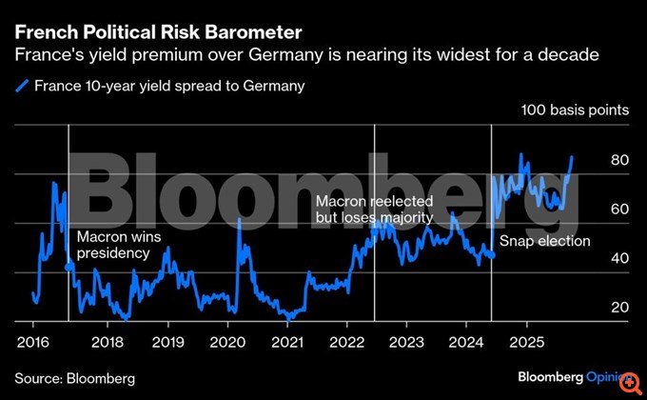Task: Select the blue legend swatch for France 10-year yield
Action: (23, 86)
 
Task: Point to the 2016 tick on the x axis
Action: (34, 341)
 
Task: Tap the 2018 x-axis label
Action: (107, 341)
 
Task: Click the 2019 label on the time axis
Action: (167, 341)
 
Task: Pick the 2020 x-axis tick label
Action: (227, 341)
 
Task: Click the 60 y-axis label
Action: (619, 209)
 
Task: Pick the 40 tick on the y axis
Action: (619, 258)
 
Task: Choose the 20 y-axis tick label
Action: (619, 307)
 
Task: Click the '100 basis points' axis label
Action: (575, 110)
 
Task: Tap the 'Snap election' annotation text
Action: (545, 241)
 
